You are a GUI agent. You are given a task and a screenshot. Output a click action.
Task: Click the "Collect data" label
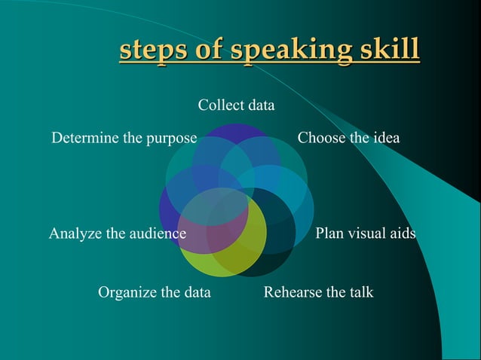coord(236,105)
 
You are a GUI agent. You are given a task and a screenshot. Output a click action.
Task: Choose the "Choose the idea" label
coord(348,138)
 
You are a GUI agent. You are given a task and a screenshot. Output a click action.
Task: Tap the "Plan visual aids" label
coord(365,233)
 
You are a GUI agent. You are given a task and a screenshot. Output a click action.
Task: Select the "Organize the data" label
coord(155,291)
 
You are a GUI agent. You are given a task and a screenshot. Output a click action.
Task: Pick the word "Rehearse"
coord(292,291)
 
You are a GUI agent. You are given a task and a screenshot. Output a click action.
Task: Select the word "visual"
coord(364,233)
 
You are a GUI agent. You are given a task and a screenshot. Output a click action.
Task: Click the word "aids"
coord(402,233)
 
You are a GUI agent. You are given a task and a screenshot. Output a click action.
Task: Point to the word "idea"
coord(384,138)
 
